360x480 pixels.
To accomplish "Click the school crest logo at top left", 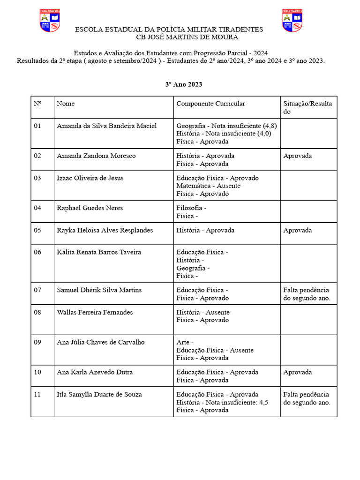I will click(x=50, y=21).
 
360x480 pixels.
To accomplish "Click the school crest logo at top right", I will click(x=292, y=21).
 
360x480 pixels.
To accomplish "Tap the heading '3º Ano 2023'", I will click(x=184, y=84).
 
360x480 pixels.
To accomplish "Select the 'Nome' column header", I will click(x=66, y=104).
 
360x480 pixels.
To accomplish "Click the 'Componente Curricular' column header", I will click(x=210, y=104).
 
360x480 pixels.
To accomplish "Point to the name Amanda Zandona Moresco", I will click(x=96, y=156).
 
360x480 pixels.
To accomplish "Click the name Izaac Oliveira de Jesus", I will click(x=90, y=178).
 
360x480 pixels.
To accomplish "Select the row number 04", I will click(x=37, y=208).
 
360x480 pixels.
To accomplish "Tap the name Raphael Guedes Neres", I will click(x=90, y=208).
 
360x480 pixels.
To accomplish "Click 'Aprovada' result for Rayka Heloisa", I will click(x=297, y=230).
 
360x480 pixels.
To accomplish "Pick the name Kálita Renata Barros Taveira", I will click(x=98, y=252).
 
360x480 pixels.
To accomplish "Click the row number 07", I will click(x=37, y=290).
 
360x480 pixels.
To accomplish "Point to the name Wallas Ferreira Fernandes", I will click(x=94, y=312).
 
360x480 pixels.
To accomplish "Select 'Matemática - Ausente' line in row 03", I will click(x=208, y=186).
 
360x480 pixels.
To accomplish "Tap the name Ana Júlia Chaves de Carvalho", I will click(x=101, y=342).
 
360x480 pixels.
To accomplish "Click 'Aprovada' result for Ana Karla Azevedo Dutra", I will click(x=297, y=372).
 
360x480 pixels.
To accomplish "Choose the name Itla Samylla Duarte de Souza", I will click(x=99, y=394).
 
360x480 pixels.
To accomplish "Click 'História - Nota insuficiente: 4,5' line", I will click(x=222, y=402).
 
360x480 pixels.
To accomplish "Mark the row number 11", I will click(x=37, y=394).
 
